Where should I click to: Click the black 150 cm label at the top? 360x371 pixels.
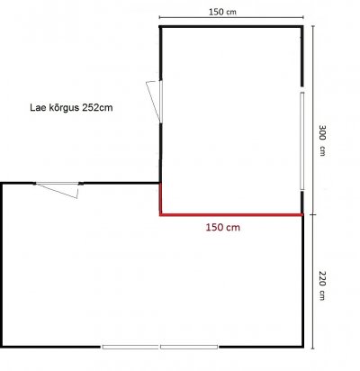[222, 12]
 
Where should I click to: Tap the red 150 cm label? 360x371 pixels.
[223, 227]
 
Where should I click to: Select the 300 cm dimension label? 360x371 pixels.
[322, 140]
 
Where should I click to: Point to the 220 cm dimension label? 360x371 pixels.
[322, 285]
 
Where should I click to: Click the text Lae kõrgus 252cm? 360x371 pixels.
[71, 107]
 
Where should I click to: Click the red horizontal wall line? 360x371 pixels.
[231, 214]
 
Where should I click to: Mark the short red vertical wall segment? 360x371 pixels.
[160, 199]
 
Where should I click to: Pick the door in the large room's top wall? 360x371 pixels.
[58, 188]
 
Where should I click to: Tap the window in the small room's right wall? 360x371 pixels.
[301, 140]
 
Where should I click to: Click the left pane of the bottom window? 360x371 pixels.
[130, 347]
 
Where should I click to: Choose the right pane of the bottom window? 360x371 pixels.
[189, 347]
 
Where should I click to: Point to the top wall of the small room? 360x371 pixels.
[231, 27]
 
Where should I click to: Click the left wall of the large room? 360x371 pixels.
[2, 265]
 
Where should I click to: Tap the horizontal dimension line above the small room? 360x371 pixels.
[231, 17]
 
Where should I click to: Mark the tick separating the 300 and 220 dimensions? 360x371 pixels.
[313, 214]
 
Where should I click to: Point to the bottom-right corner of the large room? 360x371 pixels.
[302, 347]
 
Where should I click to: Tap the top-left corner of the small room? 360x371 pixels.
[160, 27]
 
